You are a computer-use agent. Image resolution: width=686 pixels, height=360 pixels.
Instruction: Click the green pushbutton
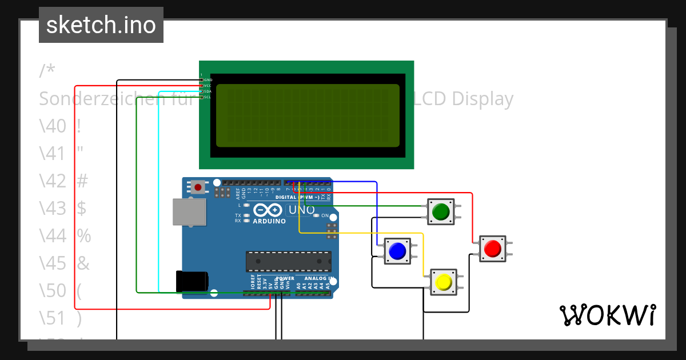[x=441, y=212]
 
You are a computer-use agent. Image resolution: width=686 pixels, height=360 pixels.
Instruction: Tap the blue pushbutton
[x=397, y=251]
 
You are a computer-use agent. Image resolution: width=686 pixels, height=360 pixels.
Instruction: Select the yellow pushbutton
[x=444, y=282]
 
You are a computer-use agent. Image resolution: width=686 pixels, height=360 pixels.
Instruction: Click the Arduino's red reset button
[x=198, y=186]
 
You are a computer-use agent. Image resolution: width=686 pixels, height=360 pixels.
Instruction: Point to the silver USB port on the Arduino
[x=189, y=211]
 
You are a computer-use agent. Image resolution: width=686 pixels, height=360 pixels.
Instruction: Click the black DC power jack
[x=192, y=282]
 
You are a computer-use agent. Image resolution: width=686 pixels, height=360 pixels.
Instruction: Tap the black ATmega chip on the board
[x=289, y=261]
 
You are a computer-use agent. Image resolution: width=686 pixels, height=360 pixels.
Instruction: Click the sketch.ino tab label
[x=101, y=25]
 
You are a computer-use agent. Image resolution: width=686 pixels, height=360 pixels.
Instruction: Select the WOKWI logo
[x=607, y=315]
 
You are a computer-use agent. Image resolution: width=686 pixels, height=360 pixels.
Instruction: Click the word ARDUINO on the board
[x=269, y=221]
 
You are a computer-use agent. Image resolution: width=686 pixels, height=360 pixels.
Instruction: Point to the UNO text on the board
[x=301, y=210]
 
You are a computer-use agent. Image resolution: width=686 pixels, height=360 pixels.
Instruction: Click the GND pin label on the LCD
[x=208, y=80]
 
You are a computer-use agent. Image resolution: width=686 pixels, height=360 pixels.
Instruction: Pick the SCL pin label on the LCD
[x=208, y=97]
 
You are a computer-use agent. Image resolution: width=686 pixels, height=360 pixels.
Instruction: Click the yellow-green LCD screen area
[x=308, y=115]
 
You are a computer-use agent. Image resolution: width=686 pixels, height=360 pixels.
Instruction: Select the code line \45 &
[x=65, y=263]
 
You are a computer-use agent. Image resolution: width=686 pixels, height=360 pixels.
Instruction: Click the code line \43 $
[x=63, y=208]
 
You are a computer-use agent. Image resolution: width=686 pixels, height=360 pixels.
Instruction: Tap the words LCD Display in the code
[x=463, y=99]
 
